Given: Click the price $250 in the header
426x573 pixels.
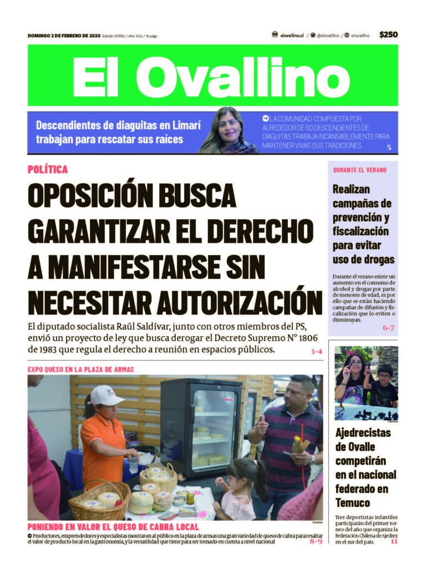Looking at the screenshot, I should point(388,34).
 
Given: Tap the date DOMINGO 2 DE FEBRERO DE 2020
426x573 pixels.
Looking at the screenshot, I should point(63,36).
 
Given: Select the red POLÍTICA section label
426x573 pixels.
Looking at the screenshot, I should point(48,170).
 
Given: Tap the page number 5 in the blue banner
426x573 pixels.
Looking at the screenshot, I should point(389,148).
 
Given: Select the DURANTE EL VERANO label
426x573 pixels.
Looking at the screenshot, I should point(360,170).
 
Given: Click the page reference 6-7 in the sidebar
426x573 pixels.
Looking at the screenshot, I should point(388,328).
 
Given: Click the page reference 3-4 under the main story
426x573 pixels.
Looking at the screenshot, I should point(316,352).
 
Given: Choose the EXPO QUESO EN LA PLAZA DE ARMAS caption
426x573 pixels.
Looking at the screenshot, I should point(81,369).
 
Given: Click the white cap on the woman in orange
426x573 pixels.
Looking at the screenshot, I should point(106,395).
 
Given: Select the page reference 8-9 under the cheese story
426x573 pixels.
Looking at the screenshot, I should point(316,541).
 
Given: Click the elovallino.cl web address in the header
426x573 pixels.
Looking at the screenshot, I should point(292,35).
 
